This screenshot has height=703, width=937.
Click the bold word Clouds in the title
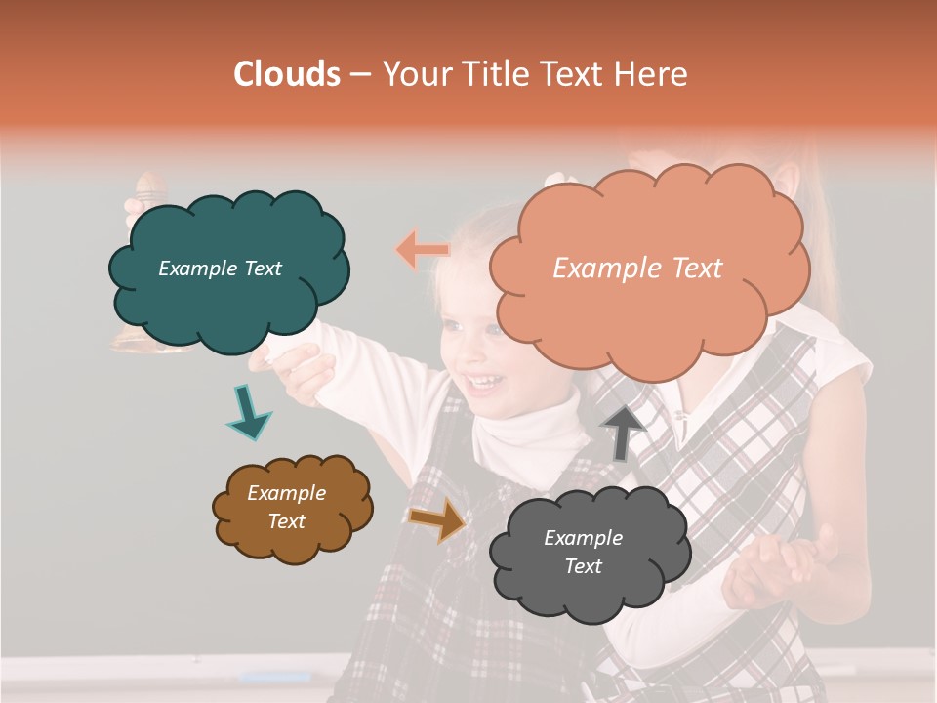click(x=287, y=74)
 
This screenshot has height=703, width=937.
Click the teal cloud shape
click(x=228, y=269)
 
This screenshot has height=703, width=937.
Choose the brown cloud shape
click(x=292, y=508)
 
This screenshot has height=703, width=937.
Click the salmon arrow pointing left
click(x=422, y=250)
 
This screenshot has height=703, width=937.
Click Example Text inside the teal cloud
click(x=220, y=269)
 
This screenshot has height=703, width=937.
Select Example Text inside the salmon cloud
click(x=637, y=269)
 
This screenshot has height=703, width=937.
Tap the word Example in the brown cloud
click(x=286, y=493)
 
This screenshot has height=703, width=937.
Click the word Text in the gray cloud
click(x=583, y=566)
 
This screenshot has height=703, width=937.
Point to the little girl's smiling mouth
click(x=482, y=382)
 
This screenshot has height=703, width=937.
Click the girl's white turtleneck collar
click(x=527, y=430)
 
